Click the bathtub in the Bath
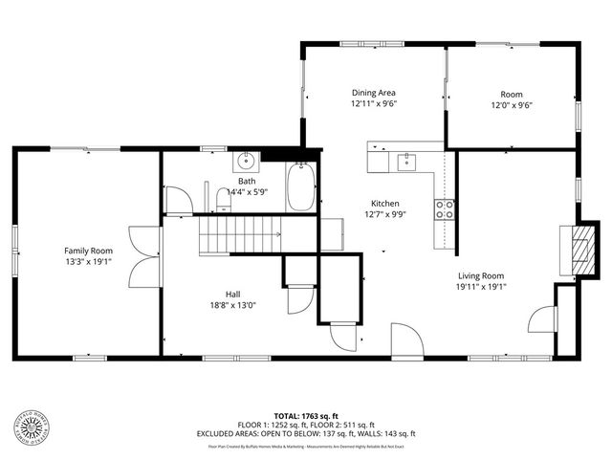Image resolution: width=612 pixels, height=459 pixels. click(x=301, y=188)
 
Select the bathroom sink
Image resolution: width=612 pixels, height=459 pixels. click(x=247, y=160)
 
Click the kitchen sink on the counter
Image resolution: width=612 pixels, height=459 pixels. click(x=407, y=161)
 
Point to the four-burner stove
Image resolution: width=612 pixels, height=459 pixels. click(x=445, y=208)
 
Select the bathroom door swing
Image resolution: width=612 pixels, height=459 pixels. click(x=178, y=199)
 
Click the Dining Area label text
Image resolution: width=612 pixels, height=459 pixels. click(x=374, y=94)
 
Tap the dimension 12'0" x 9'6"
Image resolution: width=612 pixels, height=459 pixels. click(x=512, y=105)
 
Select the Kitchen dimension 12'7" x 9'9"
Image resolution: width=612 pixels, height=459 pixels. click(x=384, y=215)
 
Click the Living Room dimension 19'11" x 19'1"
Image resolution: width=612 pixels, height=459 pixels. click(x=480, y=286)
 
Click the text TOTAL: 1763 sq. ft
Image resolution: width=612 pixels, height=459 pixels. click(x=306, y=416)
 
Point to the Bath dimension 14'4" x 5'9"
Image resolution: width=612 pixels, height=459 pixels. click(x=247, y=191)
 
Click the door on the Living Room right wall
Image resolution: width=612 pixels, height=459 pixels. click(x=543, y=317)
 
